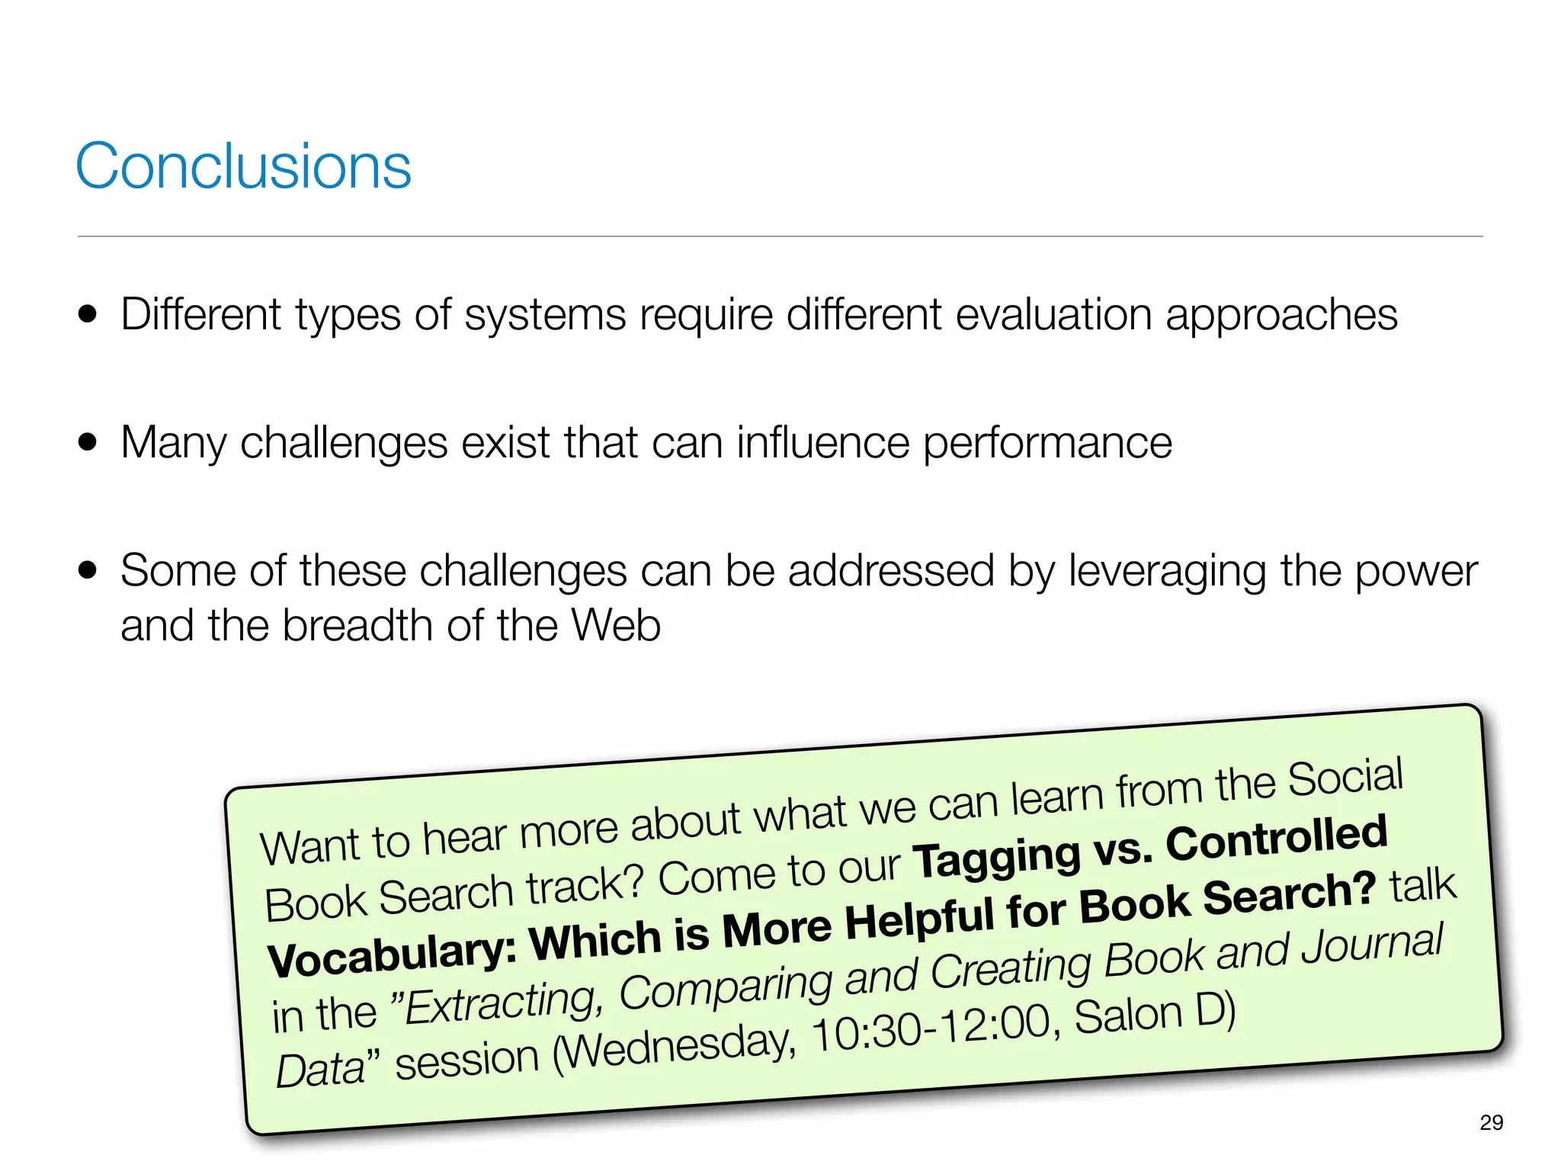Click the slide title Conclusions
[x=243, y=166]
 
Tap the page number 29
[x=1491, y=1122]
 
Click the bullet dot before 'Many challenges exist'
[x=88, y=442]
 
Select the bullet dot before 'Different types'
[x=88, y=314]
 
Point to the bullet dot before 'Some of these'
[x=88, y=570]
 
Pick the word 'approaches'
[x=1281, y=316]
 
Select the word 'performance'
[x=1047, y=444]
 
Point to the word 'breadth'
[x=357, y=625]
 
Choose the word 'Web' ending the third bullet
[x=616, y=625]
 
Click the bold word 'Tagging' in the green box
[x=997, y=857]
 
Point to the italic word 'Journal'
[x=1372, y=945]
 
